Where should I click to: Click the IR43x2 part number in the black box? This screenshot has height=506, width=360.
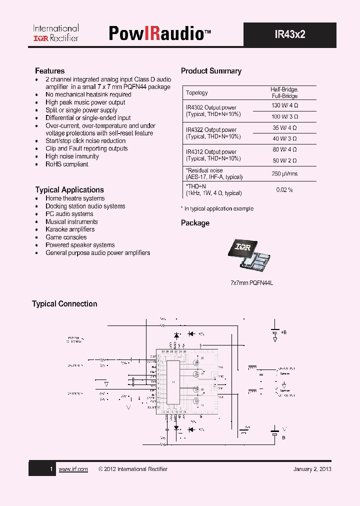click(289, 34)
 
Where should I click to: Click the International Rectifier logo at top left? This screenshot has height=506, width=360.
click(56, 33)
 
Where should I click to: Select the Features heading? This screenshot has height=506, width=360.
click(49, 71)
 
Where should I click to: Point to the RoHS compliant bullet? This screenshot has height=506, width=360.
click(66, 164)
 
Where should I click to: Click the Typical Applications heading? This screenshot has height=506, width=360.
click(69, 189)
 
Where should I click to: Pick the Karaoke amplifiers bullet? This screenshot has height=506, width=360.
click(70, 229)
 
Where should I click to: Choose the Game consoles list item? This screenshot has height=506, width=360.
click(66, 237)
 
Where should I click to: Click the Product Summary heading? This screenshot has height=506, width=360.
click(211, 71)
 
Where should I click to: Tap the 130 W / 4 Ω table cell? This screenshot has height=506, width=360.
click(284, 105)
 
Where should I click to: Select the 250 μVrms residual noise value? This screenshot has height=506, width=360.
click(284, 173)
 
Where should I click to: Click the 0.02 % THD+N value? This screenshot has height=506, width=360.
click(284, 190)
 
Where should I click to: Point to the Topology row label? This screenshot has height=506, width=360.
click(197, 92)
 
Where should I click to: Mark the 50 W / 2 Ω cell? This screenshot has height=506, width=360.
click(284, 160)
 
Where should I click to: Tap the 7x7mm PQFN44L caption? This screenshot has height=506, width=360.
click(251, 282)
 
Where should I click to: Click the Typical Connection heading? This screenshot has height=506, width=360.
click(64, 303)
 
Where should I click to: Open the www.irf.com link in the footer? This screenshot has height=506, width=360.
click(73, 469)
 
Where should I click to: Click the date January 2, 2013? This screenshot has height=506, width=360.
click(312, 469)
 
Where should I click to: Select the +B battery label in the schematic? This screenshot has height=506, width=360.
click(284, 332)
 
